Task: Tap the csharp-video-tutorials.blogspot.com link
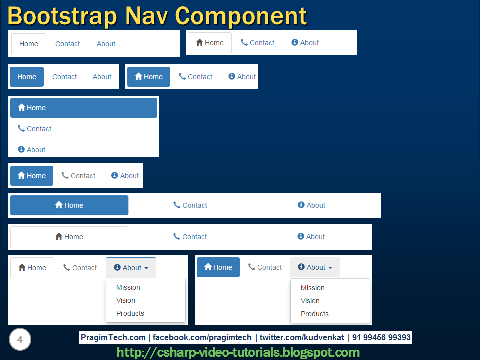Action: pos(238,352)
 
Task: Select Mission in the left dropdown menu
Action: pos(128,287)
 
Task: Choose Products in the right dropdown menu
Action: pos(315,314)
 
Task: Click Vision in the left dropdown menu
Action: pos(126,300)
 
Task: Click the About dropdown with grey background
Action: pos(315,267)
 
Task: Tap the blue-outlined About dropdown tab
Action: pos(131,268)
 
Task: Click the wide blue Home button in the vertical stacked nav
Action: pos(84,108)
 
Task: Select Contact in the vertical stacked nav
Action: pos(39,129)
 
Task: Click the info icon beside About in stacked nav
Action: pos(21,149)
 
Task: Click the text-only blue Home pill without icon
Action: pos(27,77)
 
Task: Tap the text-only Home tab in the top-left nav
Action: pos(29,44)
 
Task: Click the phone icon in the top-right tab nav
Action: pos(244,43)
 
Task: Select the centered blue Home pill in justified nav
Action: pos(69,205)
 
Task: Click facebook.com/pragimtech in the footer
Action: pos(202,338)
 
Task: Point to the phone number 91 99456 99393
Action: pos(381,338)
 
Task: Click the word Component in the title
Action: pos(242,16)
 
